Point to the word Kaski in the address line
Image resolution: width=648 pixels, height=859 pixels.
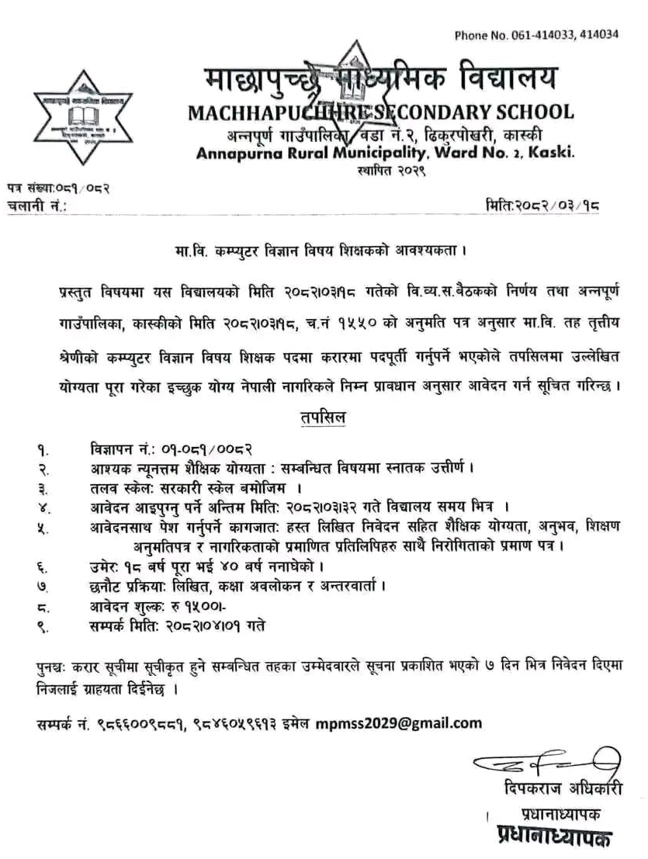[552, 153]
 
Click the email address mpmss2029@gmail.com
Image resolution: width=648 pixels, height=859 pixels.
[399, 723]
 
